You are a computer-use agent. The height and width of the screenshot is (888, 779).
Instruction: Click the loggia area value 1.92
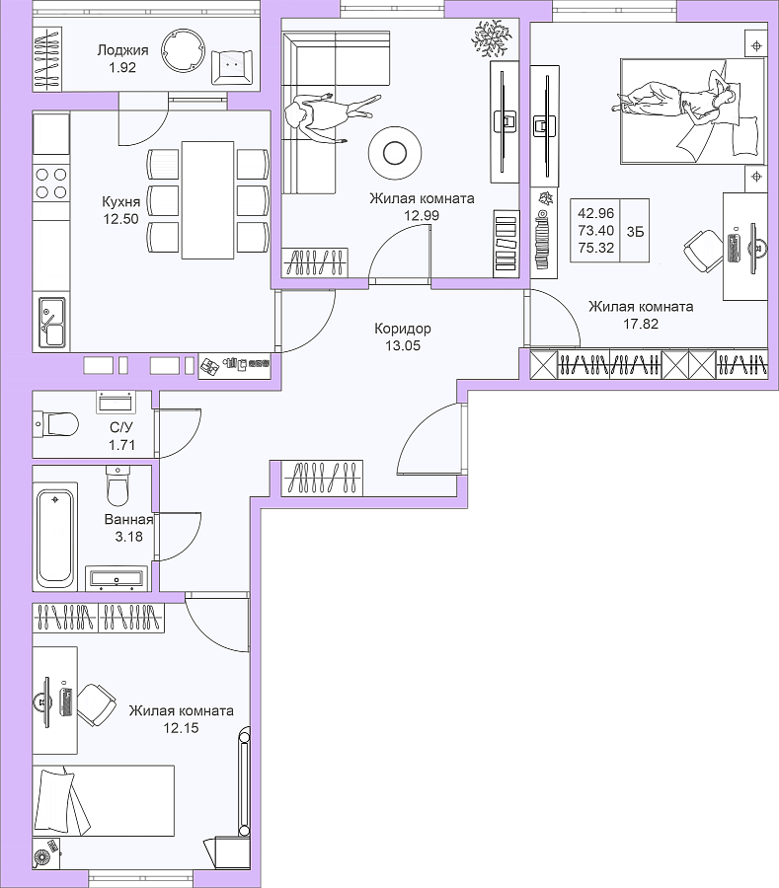pyautogui.click(x=121, y=67)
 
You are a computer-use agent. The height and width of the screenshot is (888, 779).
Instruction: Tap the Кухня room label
pyautogui.click(x=120, y=201)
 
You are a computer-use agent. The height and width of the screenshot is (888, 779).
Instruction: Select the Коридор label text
pyautogui.click(x=403, y=329)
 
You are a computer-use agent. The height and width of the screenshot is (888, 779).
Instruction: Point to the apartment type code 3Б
pyautogui.click(x=635, y=231)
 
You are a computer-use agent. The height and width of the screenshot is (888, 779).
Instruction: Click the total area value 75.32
pyautogui.click(x=596, y=248)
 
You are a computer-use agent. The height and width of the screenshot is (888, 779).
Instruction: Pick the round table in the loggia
pyautogui.click(x=183, y=49)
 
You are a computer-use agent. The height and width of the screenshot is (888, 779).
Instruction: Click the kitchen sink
pyautogui.click(x=51, y=322)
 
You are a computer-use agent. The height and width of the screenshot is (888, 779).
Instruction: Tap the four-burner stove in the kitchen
pyautogui.click(x=51, y=184)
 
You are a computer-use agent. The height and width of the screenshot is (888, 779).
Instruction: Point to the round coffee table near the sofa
pyautogui.click(x=395, y=152)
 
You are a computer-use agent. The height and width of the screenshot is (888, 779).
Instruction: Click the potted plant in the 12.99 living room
pyautogui.click(x=490, y=38)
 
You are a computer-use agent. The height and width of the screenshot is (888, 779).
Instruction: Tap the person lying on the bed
pyautogui.click(x=676, y=100)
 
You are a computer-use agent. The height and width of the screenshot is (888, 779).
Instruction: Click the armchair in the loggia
pyautogui.click(x=232, y=67)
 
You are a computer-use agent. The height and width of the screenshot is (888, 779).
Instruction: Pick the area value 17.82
pyautogui.click(x=641, y=324)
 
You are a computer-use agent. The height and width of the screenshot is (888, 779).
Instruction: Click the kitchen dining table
pyautogui.click(x=208, y=200)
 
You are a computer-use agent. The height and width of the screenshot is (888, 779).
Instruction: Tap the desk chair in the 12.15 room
pyautogui.click(x=96, y=704)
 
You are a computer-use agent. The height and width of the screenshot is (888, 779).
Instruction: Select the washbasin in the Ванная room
pyautogui.click(x=117, y=578)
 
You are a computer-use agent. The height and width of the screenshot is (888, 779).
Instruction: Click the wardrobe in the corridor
pyautogui.click(x=322, y=479)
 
